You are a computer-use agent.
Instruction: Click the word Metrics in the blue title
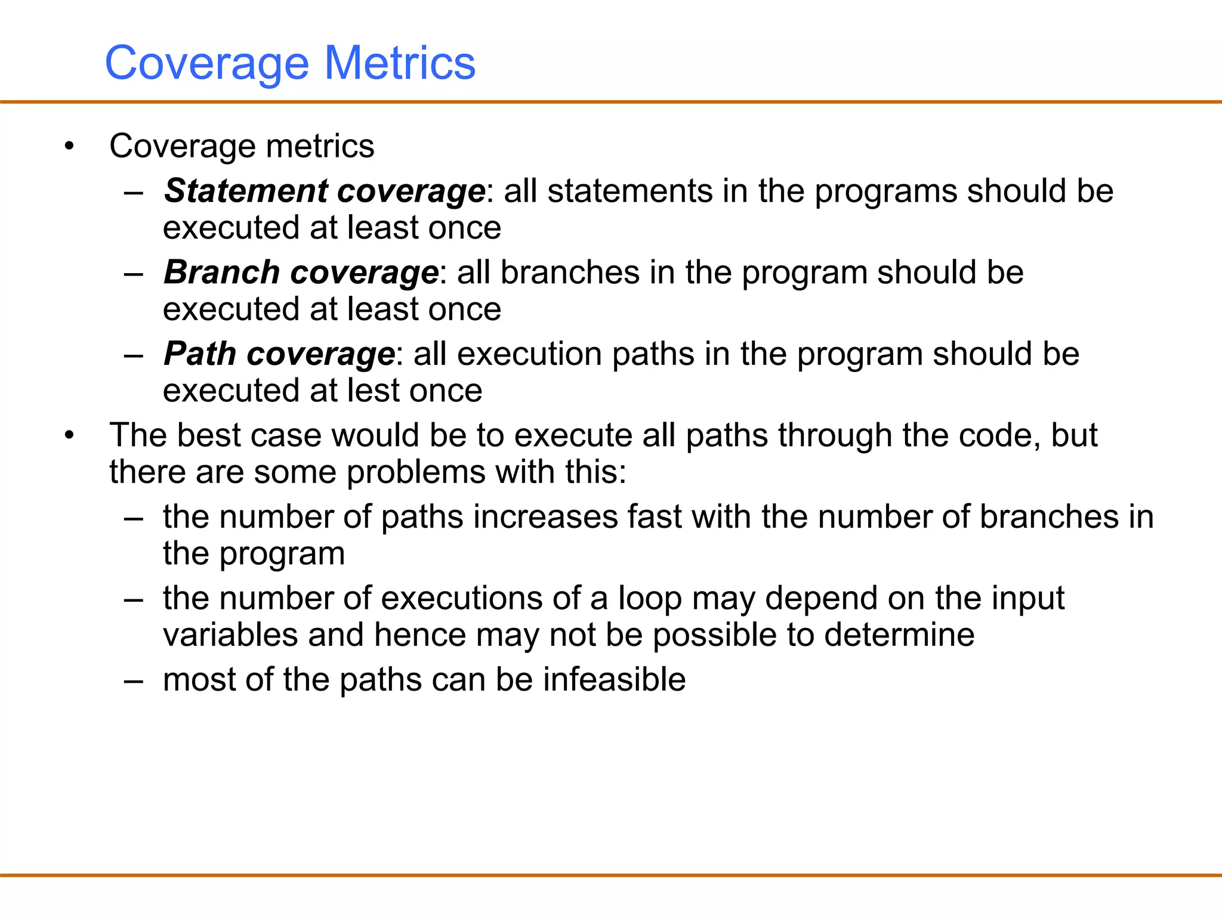(400, 63)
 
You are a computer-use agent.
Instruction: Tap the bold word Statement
(245, 191)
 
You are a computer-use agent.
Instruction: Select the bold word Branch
(222, 273)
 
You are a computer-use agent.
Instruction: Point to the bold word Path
(200, 354)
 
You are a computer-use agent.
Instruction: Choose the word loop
(649, 599)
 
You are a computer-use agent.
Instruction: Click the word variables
(230, 635)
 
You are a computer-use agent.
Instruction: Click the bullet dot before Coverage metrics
(70, 146)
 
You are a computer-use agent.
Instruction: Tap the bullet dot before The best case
(70, 435)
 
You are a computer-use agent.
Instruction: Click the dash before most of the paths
(134, 680)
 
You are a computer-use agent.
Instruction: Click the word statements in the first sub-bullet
(629, 191)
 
